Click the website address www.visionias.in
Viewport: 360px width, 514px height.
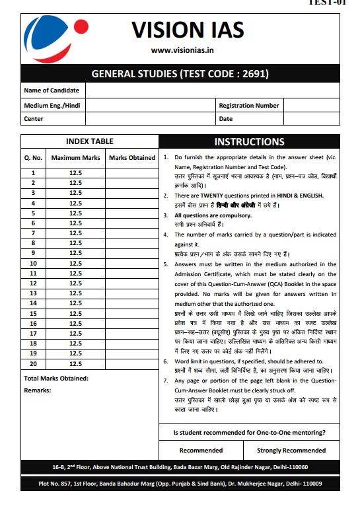(187, 50)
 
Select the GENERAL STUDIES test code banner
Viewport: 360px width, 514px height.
(180, 74)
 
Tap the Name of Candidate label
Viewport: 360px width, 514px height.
(52, 91)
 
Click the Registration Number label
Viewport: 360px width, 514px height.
(249, 105)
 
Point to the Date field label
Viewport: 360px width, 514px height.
(226, 119)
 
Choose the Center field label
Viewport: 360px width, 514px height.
(34, 119)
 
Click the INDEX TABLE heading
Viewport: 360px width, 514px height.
(89, 141)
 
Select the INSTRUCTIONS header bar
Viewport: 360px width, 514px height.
(249, 141)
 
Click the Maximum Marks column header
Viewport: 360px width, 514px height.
(75, 158)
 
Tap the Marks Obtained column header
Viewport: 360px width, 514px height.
(131, 158)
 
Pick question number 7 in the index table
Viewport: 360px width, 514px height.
(33, 233)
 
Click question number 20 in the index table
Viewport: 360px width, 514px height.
(33, 363)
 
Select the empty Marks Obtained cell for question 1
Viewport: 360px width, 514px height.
(131, 172)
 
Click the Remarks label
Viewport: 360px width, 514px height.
(37, 390)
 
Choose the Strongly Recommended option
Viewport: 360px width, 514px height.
(291, 451)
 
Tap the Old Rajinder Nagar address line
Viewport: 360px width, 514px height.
(180, 467)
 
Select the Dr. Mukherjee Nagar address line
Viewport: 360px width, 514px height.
(180, 484)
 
